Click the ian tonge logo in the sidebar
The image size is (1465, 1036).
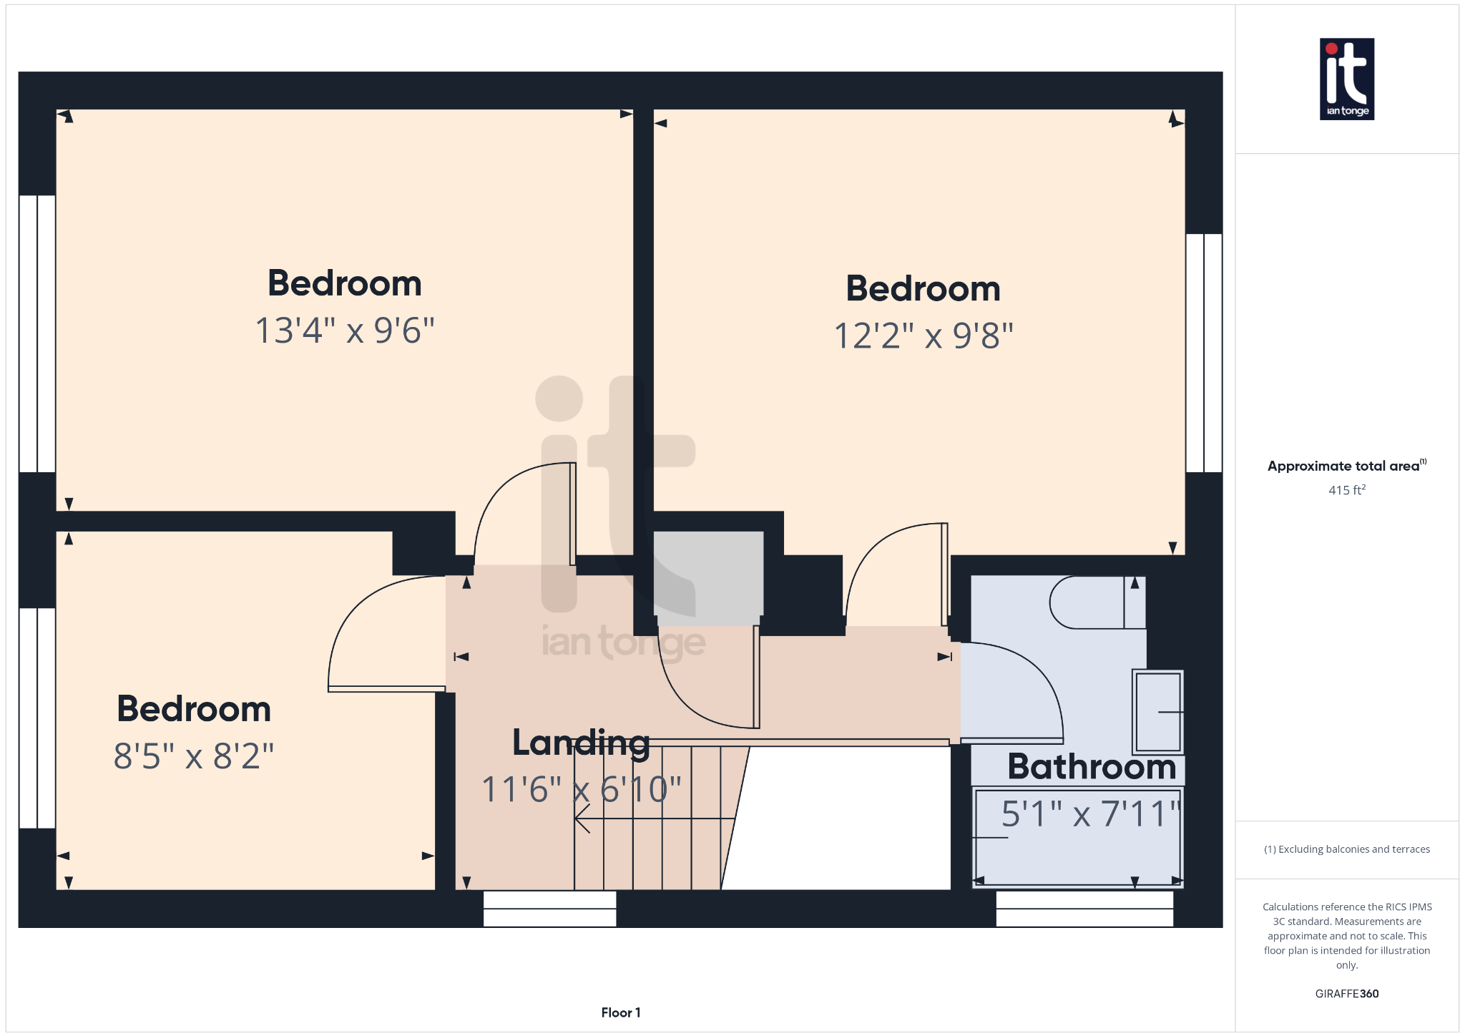pyautogui.click(x=1346, y=79)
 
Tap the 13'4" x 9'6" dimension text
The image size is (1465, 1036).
pyautogui.click(x=345, y=331)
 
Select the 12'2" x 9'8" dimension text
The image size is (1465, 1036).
pyautogui.click(x=923, y=336)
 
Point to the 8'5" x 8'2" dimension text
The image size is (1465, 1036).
pyautogui.click(x=194, y=756)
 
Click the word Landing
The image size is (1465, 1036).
pyautogui.click(x=581, y=744)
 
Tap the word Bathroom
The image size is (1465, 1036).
pyautogui.click(x=1092, y=766)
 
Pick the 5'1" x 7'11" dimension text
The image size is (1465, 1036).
pyautogui.click(x=1089, y=813)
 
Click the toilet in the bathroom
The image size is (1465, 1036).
pyautogui.click(x=1097, y=602)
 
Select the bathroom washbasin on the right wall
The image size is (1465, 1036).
pyautogui.click(x=1157, y=712)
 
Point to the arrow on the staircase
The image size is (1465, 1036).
pyautogui.click(x=655, y=818)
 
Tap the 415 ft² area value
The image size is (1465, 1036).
pyautogui.click(x=1347, y=490)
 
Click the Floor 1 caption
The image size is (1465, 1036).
pyautogui.click(x=621, y=1012)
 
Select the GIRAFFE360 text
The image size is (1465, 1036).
pyautogui.click(x=1347, y=994)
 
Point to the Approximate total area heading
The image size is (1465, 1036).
pyautogui.click(x=1346, y=466)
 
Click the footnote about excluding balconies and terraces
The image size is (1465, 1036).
pyautogui.click(x=1347, y=849)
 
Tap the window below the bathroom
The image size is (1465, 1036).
pyautogui.click(x=1084, y=909)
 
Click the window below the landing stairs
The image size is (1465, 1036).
pyautogui.click(x=549, y=909)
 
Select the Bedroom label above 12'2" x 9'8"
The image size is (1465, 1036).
pyautogui.click(x=923, y=289)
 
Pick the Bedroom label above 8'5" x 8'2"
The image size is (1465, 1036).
pyautogui.click(x=194, y=709)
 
